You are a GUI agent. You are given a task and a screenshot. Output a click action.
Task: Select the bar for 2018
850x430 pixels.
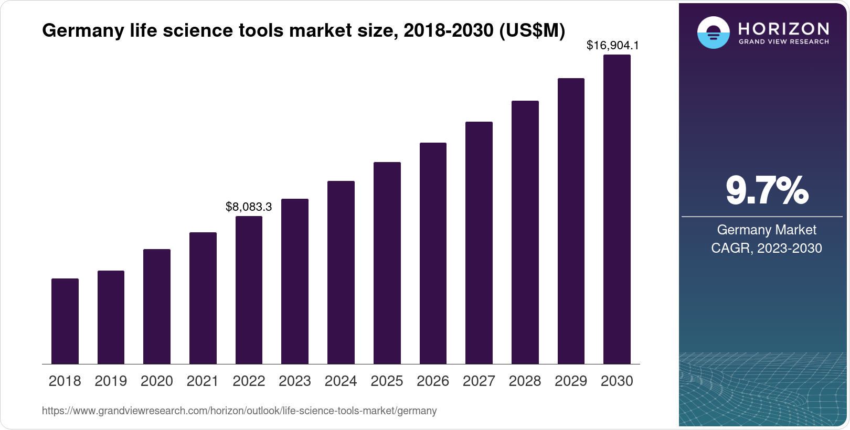[x=65, y=321]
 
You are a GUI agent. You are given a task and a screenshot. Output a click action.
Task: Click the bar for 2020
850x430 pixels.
[x=157, y=307]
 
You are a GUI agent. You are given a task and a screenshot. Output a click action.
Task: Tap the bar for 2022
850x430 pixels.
[x=249, y=290]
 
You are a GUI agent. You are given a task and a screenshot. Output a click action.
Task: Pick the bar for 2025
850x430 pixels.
[x=387, y=263]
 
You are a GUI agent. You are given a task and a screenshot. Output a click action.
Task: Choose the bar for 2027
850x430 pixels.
[x=479, y=243]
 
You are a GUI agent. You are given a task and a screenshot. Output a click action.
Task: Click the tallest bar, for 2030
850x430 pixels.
[x=617, y=210]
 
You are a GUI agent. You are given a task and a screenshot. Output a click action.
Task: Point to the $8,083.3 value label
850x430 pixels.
[x=249, y=207]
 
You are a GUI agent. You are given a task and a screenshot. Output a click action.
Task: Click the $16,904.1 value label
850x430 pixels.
[x=612, y=46]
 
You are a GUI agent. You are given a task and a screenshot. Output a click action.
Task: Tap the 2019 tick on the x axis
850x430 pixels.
[x=111, y=381]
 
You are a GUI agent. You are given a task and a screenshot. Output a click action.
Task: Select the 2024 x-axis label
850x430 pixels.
[x=341, y=381]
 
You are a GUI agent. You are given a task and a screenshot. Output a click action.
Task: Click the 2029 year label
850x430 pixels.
[x=571, y=381]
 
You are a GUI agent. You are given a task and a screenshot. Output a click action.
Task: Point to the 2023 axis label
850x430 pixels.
[x=295, y=381]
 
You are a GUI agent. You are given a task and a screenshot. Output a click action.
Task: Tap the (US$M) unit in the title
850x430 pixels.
[x=532, y=31]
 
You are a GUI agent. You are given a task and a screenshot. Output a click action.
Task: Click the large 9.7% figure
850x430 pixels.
[x=767, y=191]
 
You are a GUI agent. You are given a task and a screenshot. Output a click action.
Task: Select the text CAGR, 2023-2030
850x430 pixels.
[x=767, y=248]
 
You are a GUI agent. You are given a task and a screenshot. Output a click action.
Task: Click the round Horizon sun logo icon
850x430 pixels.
[x=713, y=33]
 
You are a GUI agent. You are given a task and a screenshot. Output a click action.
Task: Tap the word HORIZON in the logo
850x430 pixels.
[x=783, y=28]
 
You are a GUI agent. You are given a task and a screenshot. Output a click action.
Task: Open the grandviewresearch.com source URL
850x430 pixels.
[x=239, y=411]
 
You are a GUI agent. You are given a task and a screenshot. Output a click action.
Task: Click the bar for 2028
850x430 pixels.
[x=525, y=232]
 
